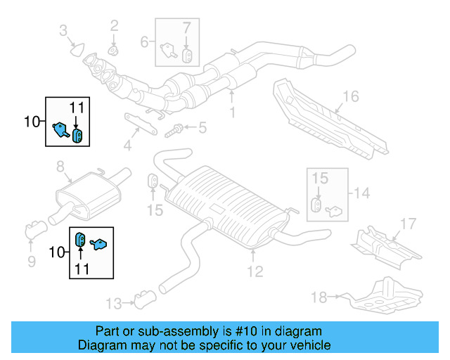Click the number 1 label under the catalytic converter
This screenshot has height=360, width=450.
233,112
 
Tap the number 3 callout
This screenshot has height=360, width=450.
63,30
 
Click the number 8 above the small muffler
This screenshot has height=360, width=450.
60,167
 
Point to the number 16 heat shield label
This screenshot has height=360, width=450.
351,97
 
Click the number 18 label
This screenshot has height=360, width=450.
319,297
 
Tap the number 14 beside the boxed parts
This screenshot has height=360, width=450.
361,193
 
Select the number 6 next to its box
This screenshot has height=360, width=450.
144,41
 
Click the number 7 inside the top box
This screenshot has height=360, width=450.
186,29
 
